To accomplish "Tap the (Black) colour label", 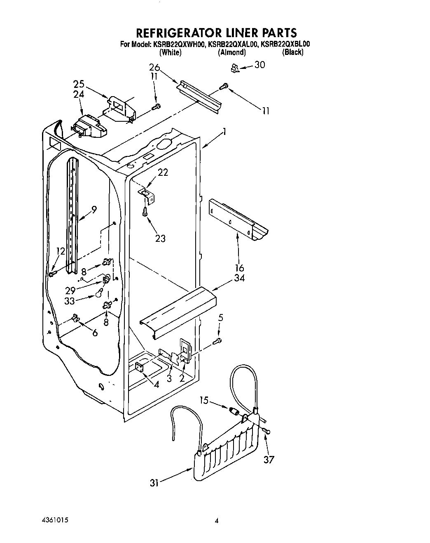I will coord(293,52).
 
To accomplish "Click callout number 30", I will coord(260,65).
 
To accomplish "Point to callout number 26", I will coord(154,68).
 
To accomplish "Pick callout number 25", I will coord(79,84).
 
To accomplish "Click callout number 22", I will coord(163,172).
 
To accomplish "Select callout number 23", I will coord(160,238).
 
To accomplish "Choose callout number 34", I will coord(239,278).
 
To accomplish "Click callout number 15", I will coord(203,400).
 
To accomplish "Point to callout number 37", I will coord(269,459).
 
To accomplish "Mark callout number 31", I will coord(154,483).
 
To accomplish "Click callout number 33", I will coord(70,301).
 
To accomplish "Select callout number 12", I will coord(60,251).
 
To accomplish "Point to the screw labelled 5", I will coord(218,341).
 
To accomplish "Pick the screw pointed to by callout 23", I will coord(145,212).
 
